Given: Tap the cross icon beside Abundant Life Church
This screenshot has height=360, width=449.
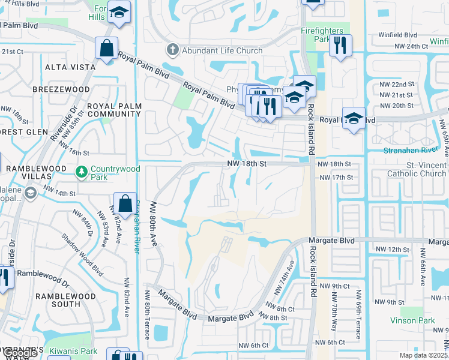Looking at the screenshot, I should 172,50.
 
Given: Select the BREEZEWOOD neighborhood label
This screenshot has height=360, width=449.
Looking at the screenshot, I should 61,89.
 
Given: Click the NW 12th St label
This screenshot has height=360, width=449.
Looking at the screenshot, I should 392,249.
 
